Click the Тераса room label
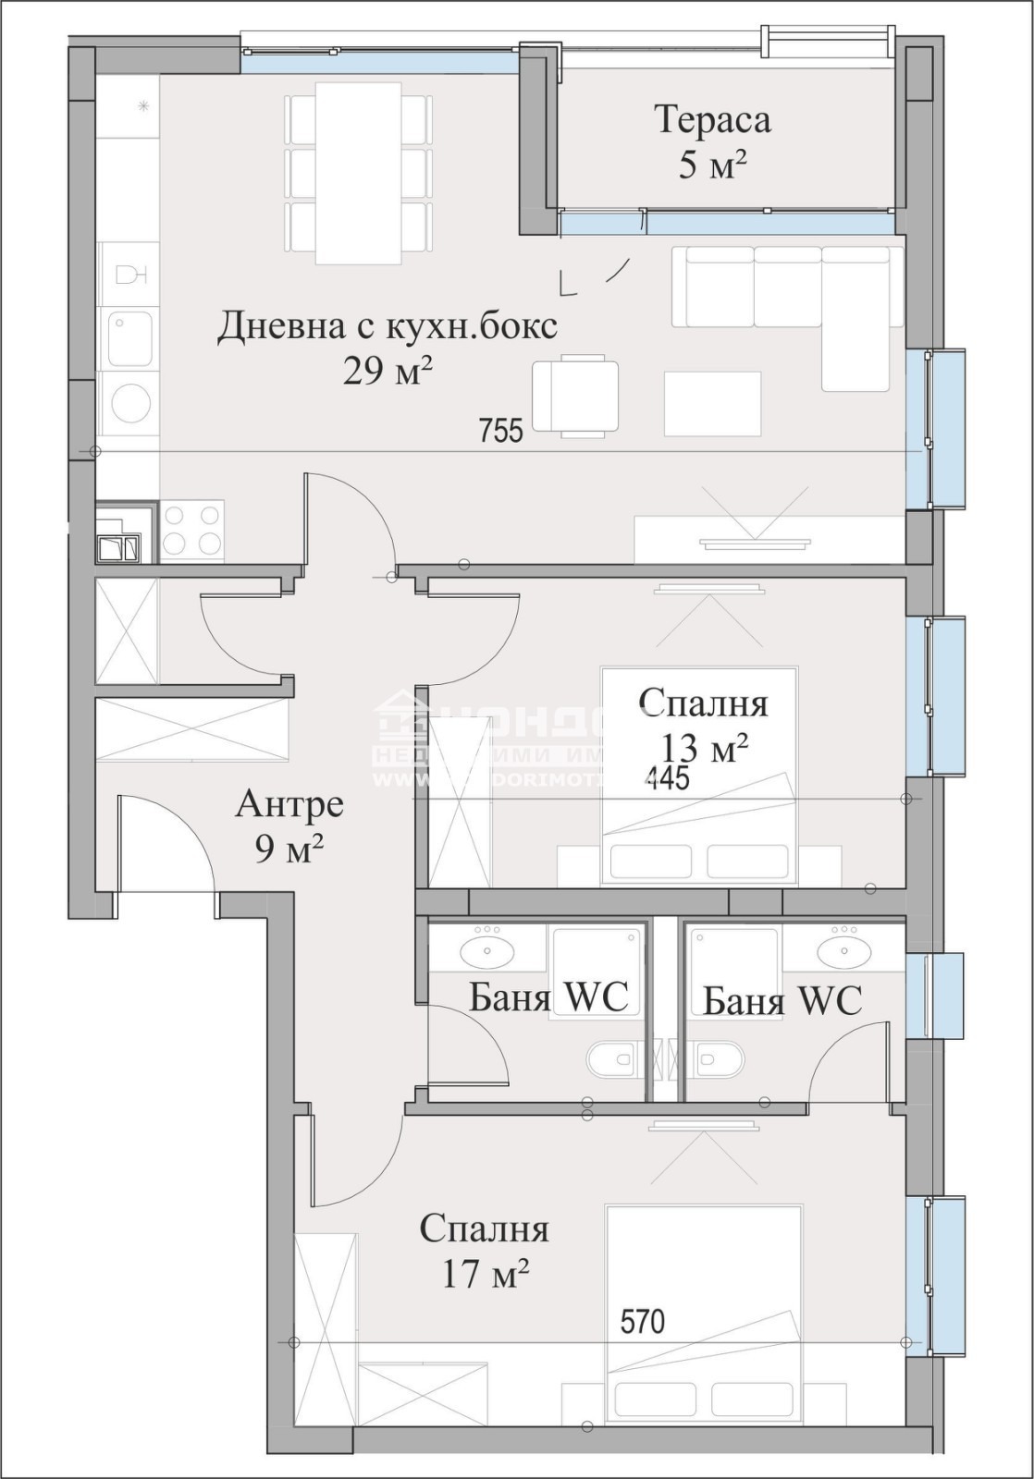pyautogui.click(x=712, y=120)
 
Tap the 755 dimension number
pyautogui.click(x=501, y=430)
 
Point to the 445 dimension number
pyautogui.click(x=668, y=777)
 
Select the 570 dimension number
pyautogui.click(x=643, y=1322)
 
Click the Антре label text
pyautogui.click(x=289, y=804)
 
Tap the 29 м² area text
pyautogui.click(x=388, y=372)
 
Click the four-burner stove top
pyautogui.click(x=192, y=531)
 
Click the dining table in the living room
pyautogui.click(x=359, y=173)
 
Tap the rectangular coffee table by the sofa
pyautogui.click(x=712, y=403)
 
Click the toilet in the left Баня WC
pyautogui.click(x=612, y=1059)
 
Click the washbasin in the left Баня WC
pyautogui.click(x=486, y=949)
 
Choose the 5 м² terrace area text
pyautogui.click(x=712, y=166)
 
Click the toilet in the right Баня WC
pyautogui.click(x=720, y=1059)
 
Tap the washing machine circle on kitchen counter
pyautogui.click(x=129, y=404)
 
